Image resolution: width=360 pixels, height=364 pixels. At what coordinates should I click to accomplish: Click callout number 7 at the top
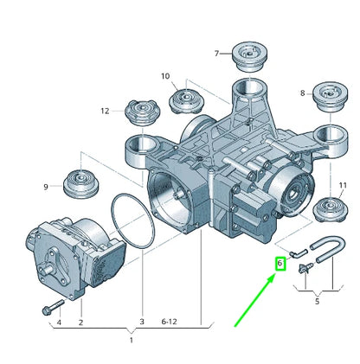[216, 54]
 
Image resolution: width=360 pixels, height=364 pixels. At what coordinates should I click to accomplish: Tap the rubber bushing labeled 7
[249, 57]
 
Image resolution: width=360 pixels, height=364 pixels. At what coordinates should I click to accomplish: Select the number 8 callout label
[302, 93]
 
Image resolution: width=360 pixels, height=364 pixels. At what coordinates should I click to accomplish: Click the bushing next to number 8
[331, 97]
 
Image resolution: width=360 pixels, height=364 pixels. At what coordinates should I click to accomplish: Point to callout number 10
[165, 76]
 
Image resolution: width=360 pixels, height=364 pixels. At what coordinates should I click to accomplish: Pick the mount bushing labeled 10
[186, 101]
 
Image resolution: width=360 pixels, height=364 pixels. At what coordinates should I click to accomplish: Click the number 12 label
[105, 111]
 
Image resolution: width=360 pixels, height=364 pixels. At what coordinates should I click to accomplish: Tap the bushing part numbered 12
[143, 112]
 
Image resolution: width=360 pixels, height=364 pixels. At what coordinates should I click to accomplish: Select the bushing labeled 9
[80, 185]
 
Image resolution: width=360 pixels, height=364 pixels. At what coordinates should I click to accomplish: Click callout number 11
[343, 185]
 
